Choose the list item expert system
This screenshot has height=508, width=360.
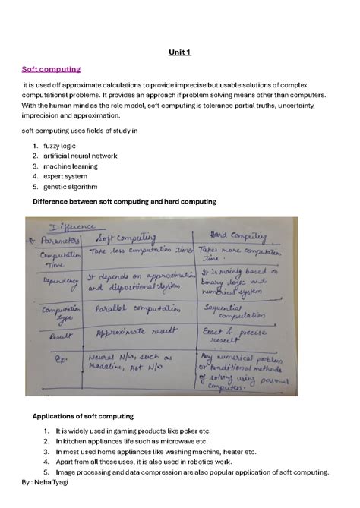(65, 175)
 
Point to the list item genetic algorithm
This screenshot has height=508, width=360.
(70, 186)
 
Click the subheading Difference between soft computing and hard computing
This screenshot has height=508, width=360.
(125, 201)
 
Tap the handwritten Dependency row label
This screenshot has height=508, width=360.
(56, 280)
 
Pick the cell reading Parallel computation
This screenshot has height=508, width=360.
(130, 310)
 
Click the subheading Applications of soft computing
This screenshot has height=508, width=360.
(83, 416)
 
